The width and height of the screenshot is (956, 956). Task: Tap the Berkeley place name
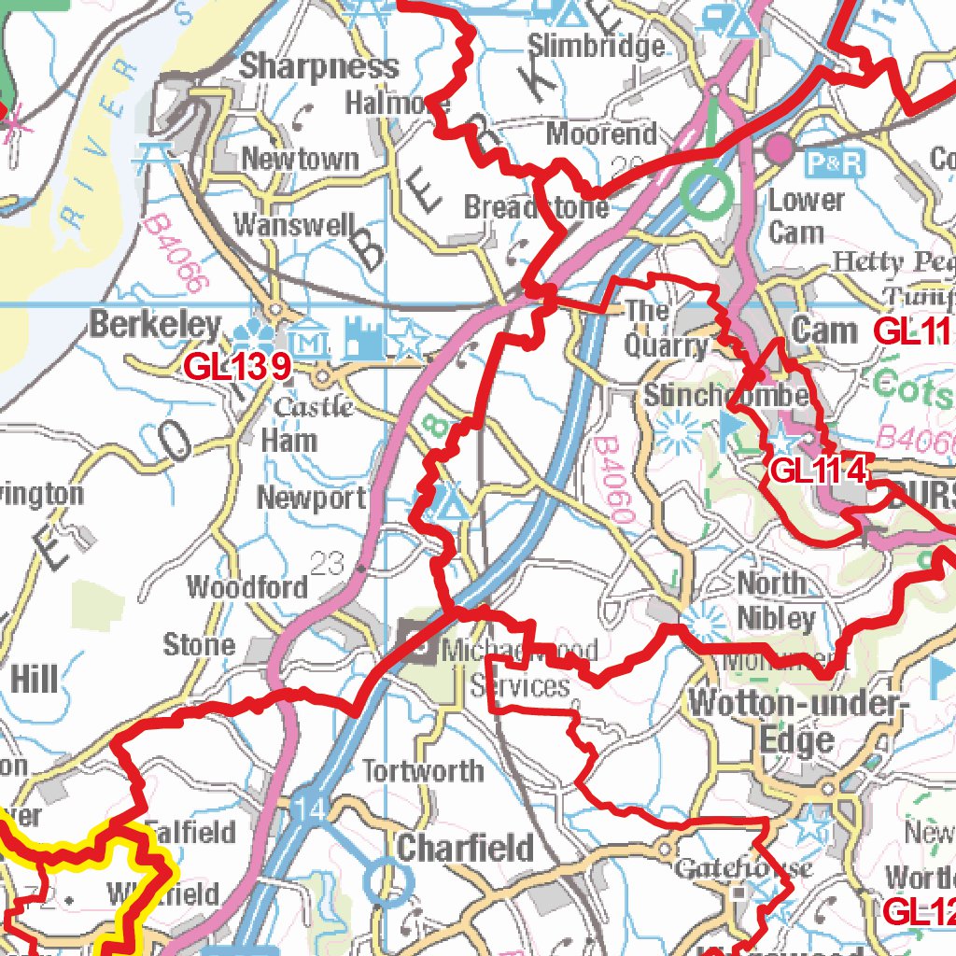[156, 326]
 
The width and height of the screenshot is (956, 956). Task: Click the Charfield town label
[466, 849]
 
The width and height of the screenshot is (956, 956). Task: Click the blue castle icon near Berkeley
[363, 338]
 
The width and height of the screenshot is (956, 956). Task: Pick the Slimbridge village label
[597, 46]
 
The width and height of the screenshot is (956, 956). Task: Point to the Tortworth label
[423, 771]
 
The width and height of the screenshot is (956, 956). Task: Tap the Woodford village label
[247, 587]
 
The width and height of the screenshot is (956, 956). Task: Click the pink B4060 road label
[613, 481]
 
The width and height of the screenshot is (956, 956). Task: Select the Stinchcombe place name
[725, 396]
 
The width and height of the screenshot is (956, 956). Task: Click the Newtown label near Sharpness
[300, 159]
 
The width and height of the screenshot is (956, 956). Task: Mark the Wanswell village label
[294, 224]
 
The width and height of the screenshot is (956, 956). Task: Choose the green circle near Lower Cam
[706, 193]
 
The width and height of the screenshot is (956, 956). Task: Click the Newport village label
[312, 498]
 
